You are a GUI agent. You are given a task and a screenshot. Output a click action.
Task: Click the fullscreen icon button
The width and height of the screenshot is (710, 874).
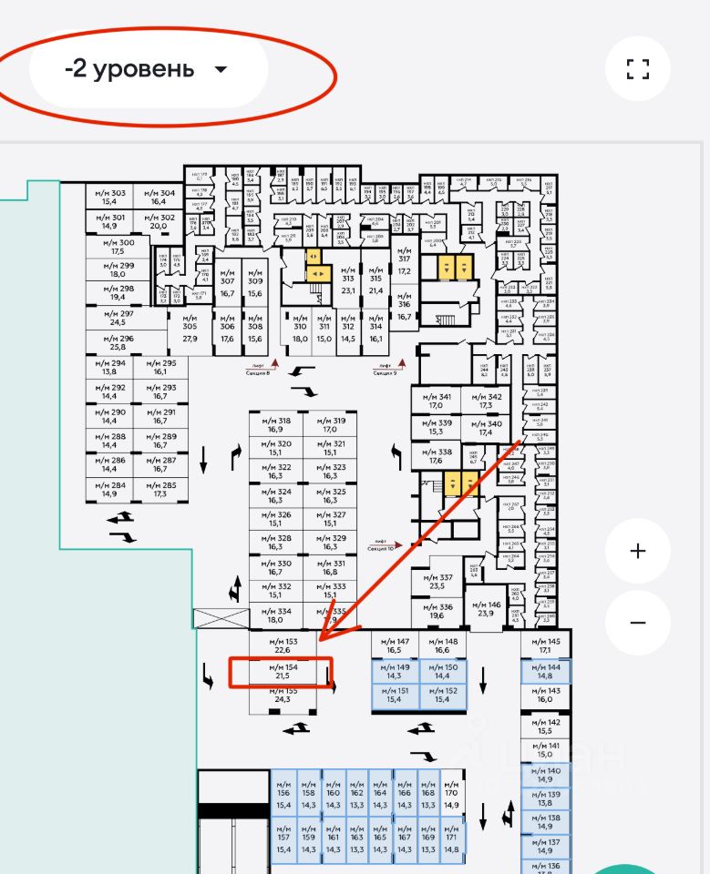[x=637, y=69]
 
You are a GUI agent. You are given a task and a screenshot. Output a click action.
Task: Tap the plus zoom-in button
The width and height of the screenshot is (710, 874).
[x=637, y=551]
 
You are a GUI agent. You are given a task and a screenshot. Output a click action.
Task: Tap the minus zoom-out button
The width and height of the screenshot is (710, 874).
[x=637, y=623]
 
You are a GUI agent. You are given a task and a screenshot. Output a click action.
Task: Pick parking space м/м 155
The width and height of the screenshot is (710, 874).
[x=281, y=696]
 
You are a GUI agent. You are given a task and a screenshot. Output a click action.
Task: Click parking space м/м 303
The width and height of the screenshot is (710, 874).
[x=109, y=197]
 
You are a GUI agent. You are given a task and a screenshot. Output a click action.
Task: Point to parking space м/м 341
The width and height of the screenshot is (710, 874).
[x=436, y=401]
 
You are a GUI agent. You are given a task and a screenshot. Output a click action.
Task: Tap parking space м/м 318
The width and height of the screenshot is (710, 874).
[x=277, y=425]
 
